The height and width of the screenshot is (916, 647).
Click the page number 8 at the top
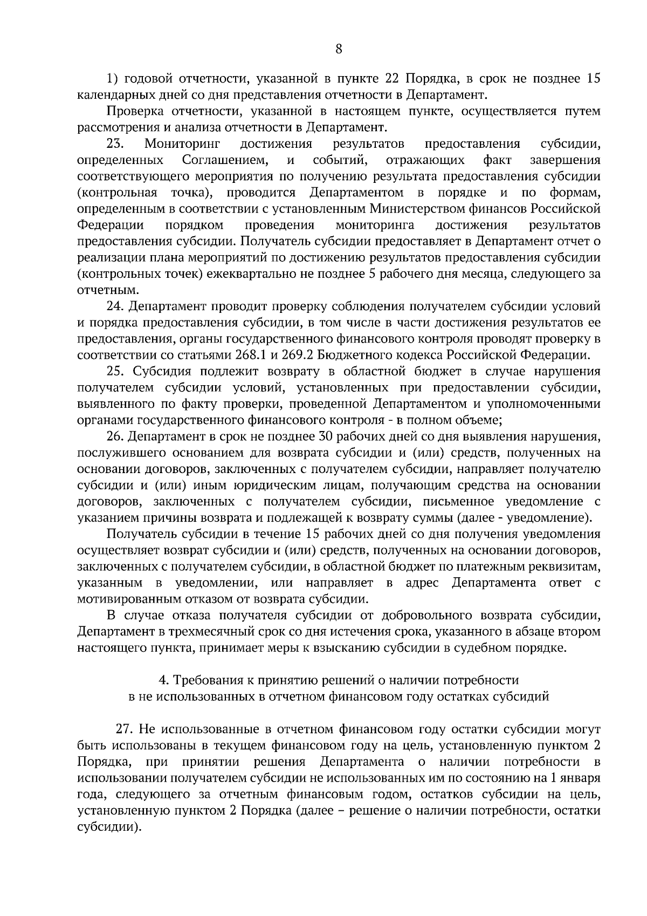(x=339, y=49)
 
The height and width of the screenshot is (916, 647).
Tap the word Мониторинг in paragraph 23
(x=183, y=144)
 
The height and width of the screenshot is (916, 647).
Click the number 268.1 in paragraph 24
(x=251, y=355)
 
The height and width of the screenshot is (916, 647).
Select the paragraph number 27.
(x=125, y=729)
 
